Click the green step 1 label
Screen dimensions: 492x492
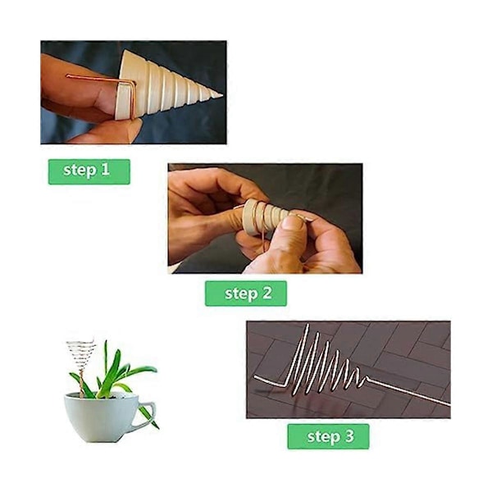(89, 171)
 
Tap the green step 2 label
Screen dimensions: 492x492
(246, 294)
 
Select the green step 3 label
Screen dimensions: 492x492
(328, 436)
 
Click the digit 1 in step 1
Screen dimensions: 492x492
(105, 169)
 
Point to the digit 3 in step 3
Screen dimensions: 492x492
(348, 436)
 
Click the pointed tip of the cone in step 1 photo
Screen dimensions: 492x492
(222, 95)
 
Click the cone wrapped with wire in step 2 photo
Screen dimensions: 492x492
(265, 216)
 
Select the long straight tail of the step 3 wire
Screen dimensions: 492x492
(408, 392)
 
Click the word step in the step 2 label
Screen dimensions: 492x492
(239, 294)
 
